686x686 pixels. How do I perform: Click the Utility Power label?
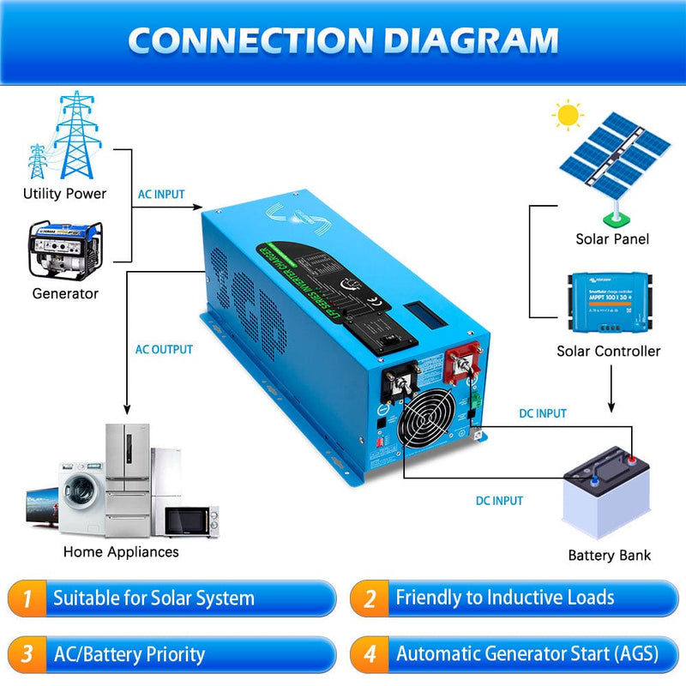[64, 194]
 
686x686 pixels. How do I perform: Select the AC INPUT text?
[161, 195]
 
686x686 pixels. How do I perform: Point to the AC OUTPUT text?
[164, 350]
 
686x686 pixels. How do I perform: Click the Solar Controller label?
[608, 351]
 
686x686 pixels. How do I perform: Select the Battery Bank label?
[609, 555]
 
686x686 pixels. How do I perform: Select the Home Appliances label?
[121, 551]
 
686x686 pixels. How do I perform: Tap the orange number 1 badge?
[27, 598]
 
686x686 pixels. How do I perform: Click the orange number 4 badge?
[370, 655]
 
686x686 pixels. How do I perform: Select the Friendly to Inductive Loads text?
[504, 598]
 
